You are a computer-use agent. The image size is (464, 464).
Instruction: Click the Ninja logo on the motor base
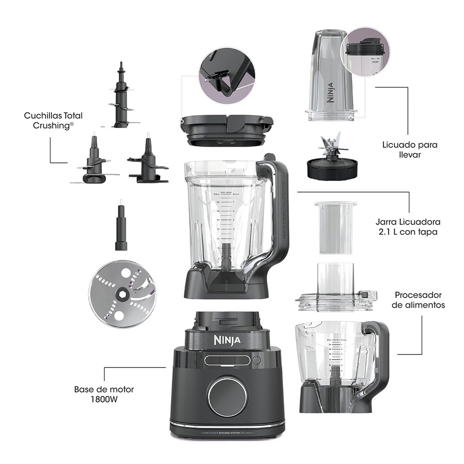coord(227,340)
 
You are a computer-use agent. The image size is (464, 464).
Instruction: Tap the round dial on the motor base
coord(227,396)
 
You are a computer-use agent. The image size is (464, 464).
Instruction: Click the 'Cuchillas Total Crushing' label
coord(53,120)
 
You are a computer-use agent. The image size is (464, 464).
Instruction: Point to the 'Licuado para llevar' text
coord(410,149)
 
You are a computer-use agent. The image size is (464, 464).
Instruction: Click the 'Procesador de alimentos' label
coord(420,300)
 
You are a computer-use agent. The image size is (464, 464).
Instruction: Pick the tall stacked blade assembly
coord(122,97)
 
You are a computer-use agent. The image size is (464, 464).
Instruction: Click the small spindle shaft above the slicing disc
coord(121,227)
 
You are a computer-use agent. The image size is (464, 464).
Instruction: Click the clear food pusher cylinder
coord(335,227)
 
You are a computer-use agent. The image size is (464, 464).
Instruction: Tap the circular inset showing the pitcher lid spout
coord(226,72)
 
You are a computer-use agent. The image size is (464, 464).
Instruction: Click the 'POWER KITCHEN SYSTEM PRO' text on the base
coord(227,432)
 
